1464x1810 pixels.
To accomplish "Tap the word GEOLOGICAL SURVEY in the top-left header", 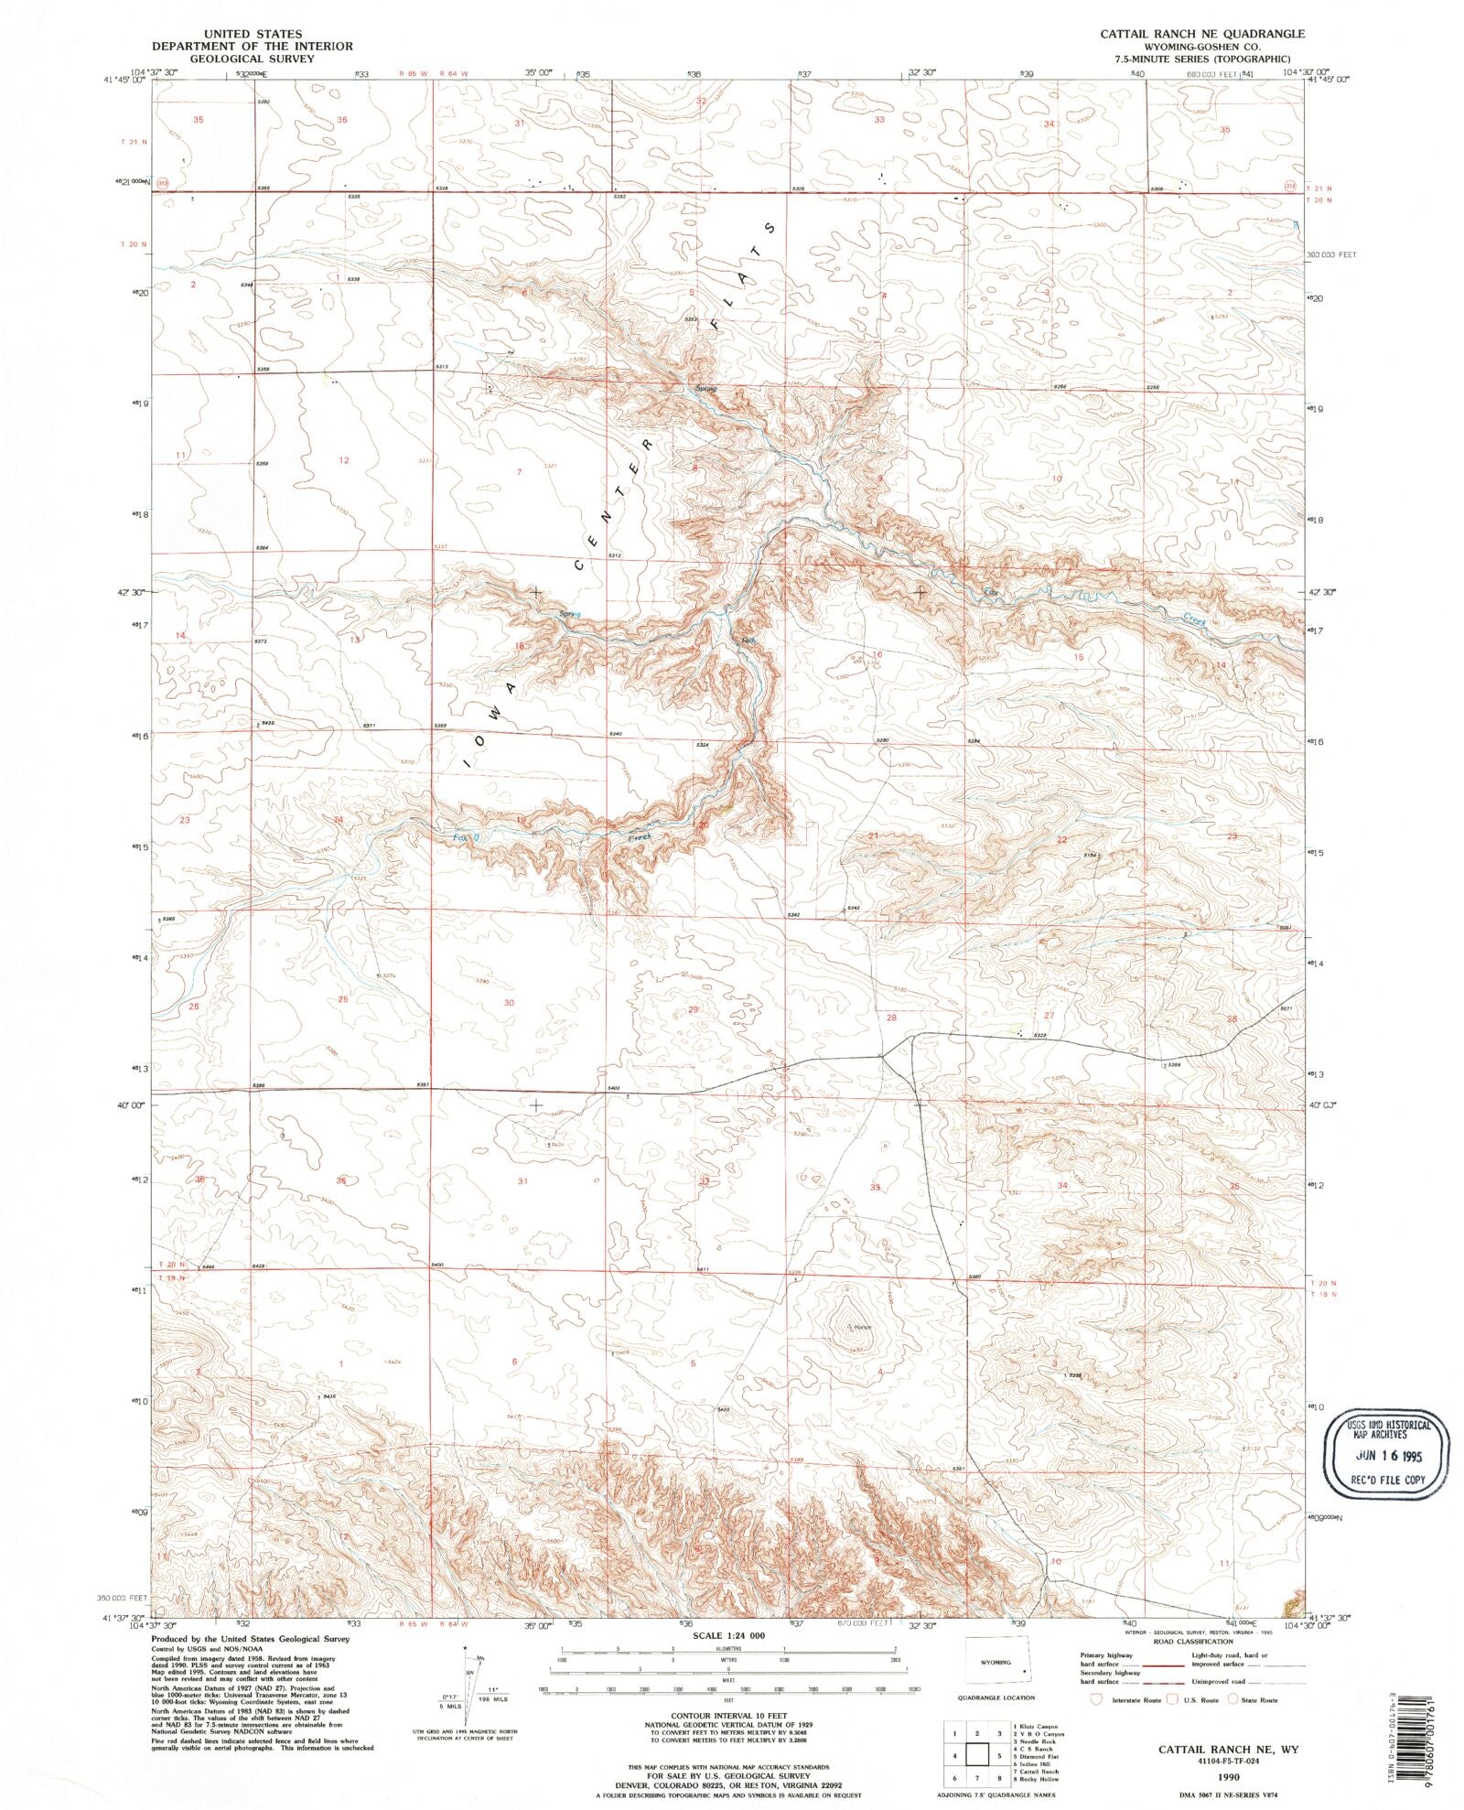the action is pos(253,58).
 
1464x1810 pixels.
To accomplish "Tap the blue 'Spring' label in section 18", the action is pos(570,614).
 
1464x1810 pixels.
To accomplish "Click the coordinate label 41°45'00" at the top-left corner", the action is pos(125,80).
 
